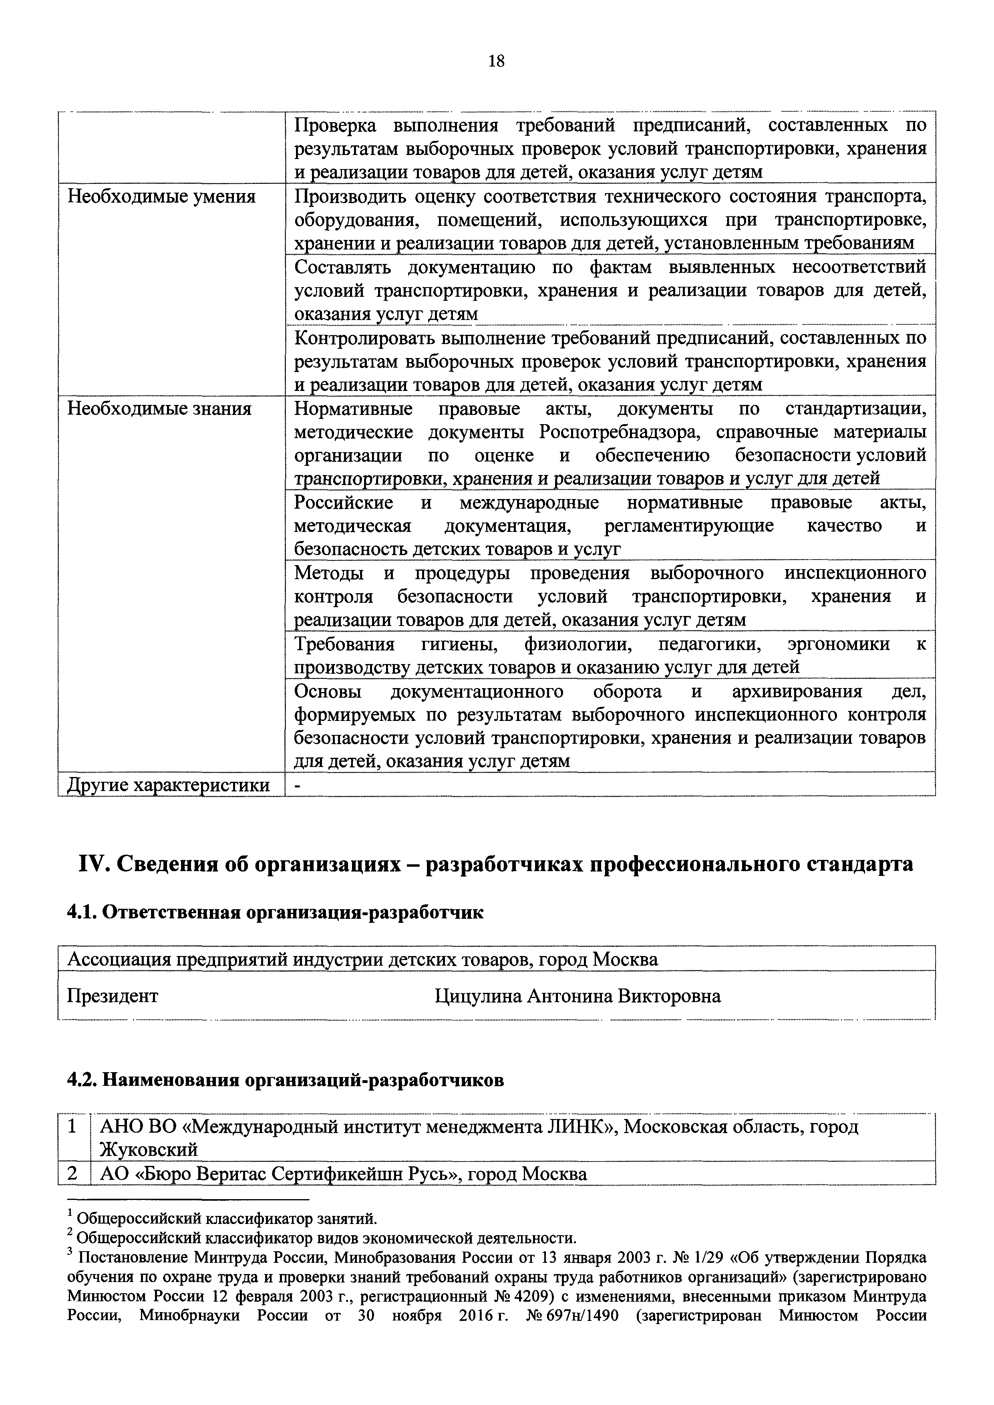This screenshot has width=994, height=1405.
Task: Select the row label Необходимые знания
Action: tap(159, 409)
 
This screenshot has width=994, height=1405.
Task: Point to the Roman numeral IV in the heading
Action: tap(93, 864)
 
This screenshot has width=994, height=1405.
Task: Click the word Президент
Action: tap(112, 996)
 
